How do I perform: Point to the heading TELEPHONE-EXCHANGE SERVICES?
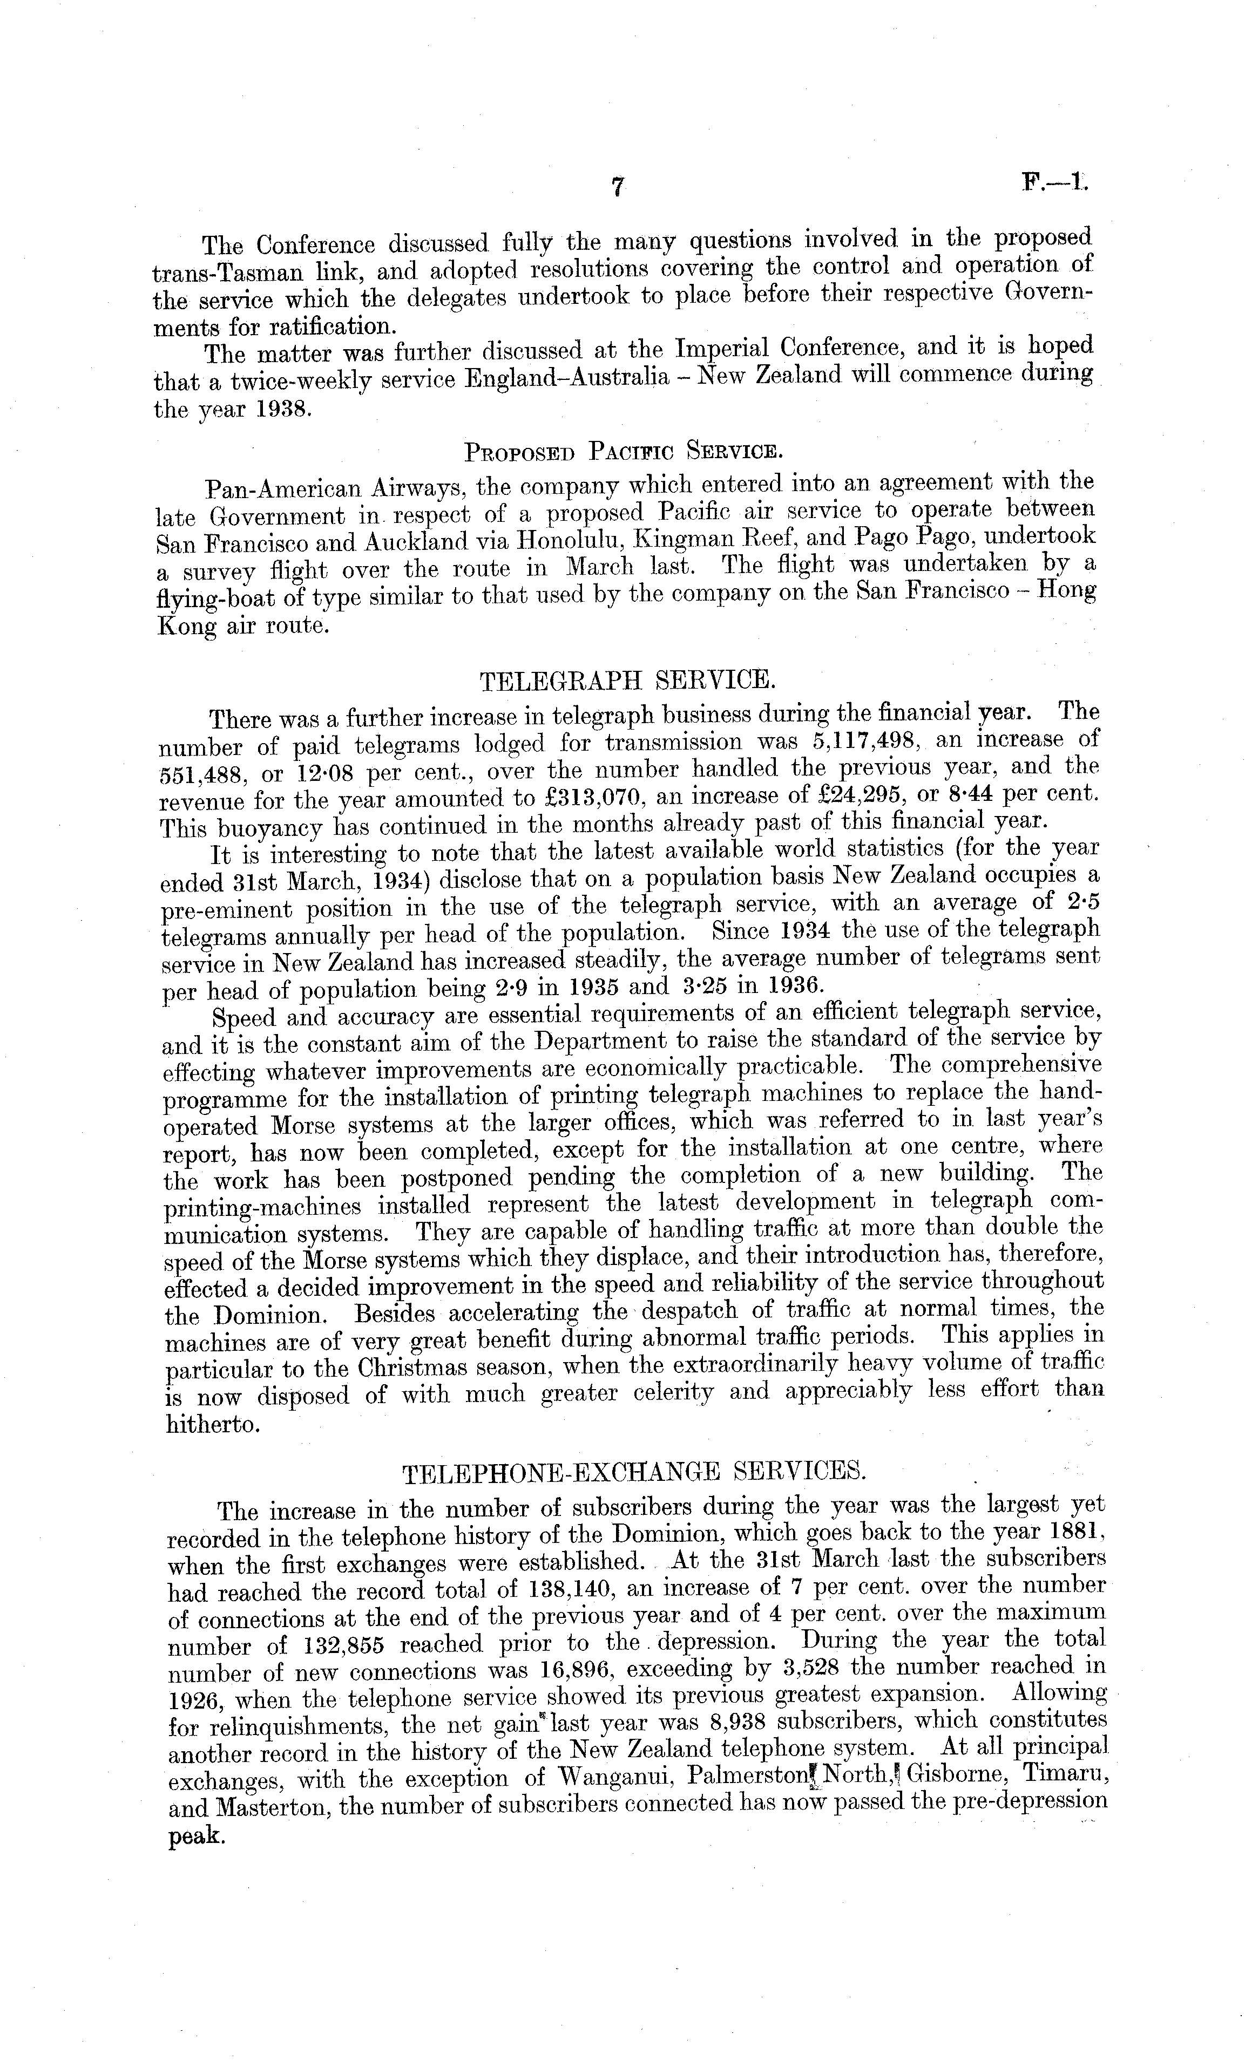[633, 1471]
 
